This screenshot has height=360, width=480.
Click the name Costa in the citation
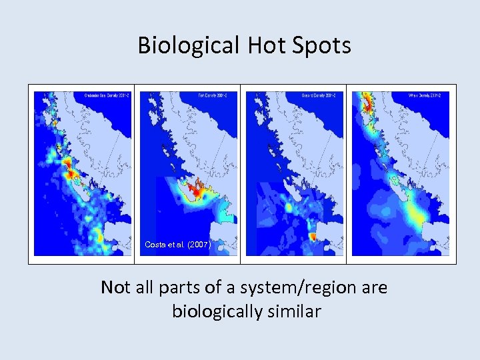(154, 245)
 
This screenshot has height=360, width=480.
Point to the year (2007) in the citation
(199, 245)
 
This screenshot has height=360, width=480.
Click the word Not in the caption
(115, 287)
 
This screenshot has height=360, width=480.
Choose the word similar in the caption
(295, 311)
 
